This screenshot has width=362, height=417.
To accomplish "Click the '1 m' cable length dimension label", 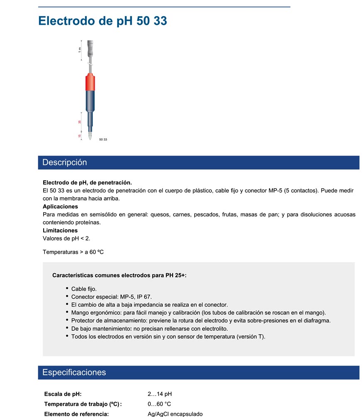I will click(80, 50).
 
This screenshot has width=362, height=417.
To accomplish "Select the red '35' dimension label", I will click(80, 122).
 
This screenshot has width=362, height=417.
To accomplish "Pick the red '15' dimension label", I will click(80, 136).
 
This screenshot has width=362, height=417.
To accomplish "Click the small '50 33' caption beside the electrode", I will click(103, 139).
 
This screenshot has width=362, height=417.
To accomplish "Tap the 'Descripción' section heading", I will click(65, 162).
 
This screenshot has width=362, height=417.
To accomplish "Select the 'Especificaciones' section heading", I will click(74, 372).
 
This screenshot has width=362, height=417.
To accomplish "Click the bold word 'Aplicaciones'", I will click(60, 206).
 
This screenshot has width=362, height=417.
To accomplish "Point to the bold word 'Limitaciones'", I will click(60, 230).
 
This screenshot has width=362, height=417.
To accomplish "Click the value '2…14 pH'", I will click(159, 394).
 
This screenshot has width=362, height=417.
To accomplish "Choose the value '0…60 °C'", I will click(159, 404).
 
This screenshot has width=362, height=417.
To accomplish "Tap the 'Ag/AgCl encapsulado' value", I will click(175, 414).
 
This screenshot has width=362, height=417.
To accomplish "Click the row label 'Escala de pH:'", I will click(63, 394).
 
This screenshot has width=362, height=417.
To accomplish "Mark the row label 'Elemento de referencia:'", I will click(76, 414).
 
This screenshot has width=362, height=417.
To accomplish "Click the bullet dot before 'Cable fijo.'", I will click(67, 288).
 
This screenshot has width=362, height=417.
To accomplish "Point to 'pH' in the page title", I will click(124, 21).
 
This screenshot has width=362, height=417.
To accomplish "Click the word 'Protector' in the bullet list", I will click(83, 320).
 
